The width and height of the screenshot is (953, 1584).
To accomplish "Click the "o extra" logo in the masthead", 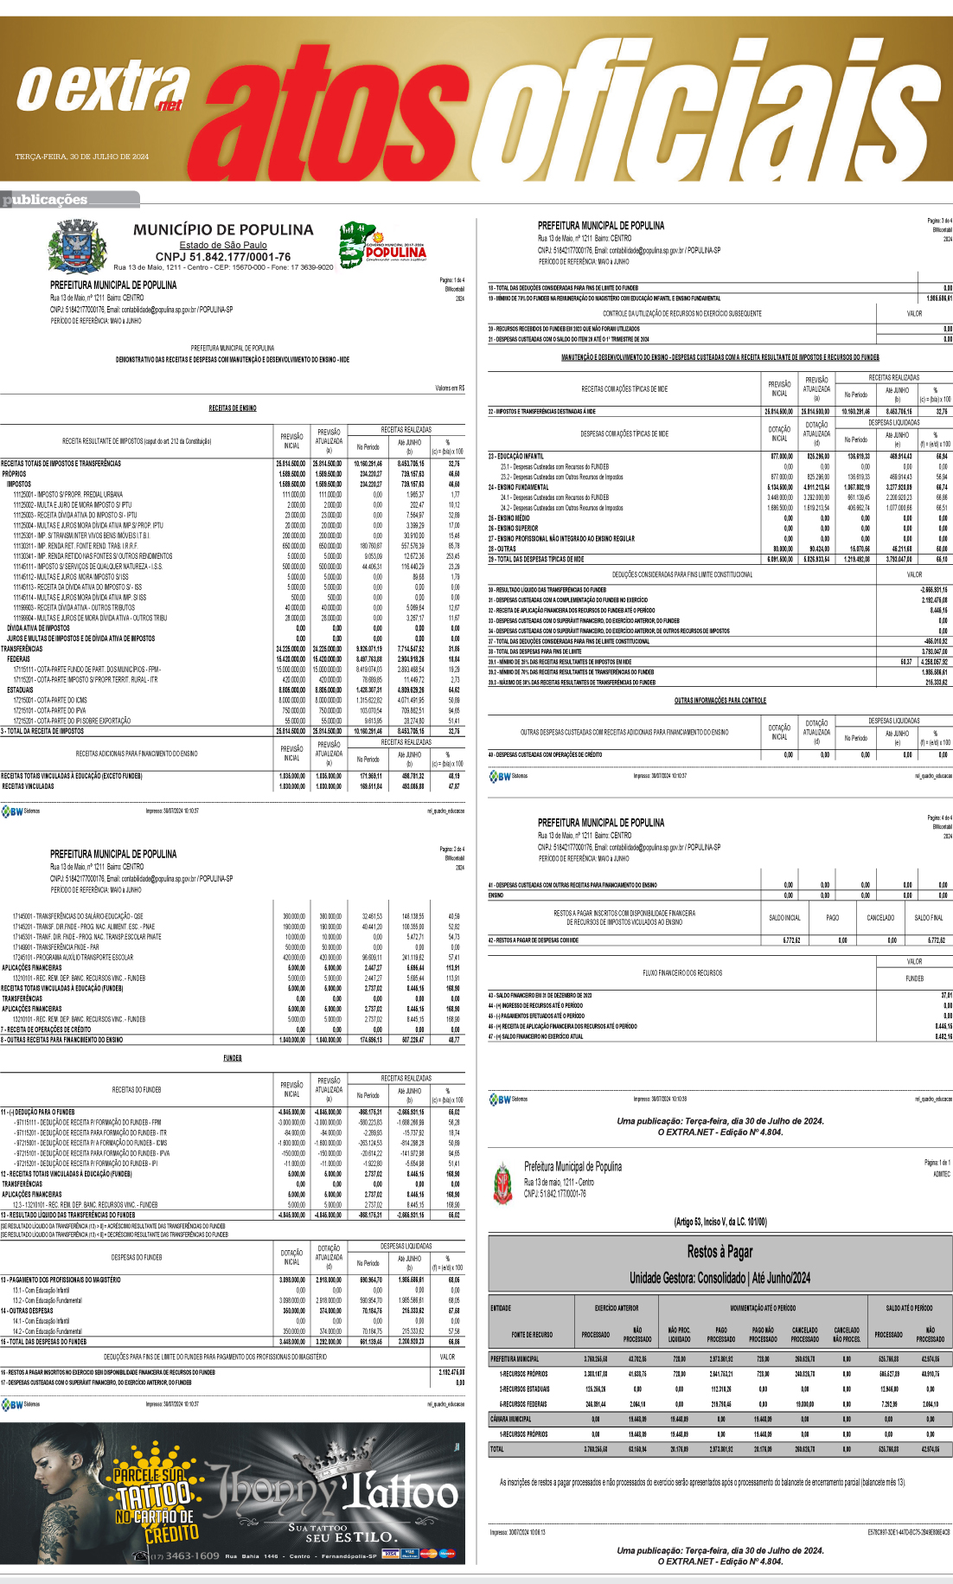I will click(x=102, y=89).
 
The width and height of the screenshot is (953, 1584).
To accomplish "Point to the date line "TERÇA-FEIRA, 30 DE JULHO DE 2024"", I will click(x=82, y=157).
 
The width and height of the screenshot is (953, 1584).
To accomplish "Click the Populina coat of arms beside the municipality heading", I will click(x=77, y=246).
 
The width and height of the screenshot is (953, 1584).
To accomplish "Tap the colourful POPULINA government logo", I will click(x=383, y=245).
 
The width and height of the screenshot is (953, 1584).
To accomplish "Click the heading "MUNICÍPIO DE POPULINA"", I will click(x=223, y=230).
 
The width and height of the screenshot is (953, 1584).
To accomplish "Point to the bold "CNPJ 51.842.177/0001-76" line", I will click(x=223, y=257).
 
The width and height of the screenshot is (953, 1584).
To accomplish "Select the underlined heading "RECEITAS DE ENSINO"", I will click(x=233, y=408).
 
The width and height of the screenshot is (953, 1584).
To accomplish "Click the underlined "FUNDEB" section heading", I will click(x=233, y=1058).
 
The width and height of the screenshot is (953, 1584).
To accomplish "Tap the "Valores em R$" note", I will click(x=450, y=388).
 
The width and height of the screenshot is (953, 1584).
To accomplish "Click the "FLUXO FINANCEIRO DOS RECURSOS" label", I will click(x=682, y=972).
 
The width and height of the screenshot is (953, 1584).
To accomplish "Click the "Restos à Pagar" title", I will click(x=720, y=1251).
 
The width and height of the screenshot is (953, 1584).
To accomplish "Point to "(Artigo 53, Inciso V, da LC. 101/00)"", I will click(x=720, y=1222).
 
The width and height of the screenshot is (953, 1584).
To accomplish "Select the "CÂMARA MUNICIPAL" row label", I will click(x=511, y=1419).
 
